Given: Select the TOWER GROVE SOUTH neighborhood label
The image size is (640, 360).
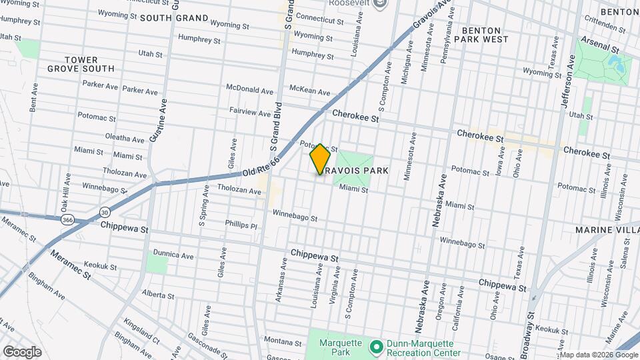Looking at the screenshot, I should click(x=81, y=64).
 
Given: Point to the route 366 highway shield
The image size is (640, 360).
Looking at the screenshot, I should click(x=68, y=219).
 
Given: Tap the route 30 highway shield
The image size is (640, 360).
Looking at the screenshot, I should click(x=105, y=212).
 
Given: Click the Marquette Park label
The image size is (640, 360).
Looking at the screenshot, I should click(x=341, y=348).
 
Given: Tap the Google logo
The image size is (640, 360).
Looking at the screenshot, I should click(x=22, y=351).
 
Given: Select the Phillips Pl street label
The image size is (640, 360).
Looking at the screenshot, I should click(x=241, y=225).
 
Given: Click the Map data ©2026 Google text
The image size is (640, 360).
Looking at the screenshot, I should click(x=598, y=355).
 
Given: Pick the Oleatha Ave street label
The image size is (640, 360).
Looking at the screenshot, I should click(x=125, y=139).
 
